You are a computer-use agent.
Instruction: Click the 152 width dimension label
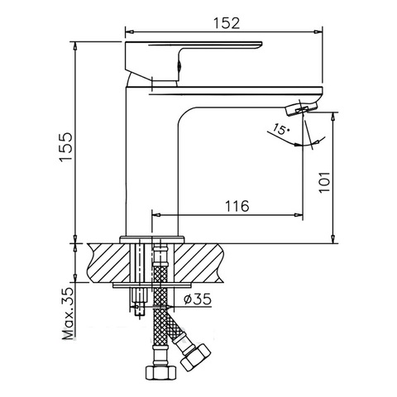[227, 23]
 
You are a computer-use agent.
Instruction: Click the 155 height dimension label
[66, 146]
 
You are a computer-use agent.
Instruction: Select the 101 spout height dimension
[324, 183]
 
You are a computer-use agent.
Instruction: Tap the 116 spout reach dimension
[237, 206]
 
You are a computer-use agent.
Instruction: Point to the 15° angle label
[281, 129]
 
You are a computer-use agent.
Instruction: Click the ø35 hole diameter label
[198, 299]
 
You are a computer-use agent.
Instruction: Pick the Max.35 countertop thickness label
[69, 313]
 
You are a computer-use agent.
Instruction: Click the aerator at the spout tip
[301, 109]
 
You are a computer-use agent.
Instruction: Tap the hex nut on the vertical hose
[160, 372]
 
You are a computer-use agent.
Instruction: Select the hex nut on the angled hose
[195, 356]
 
